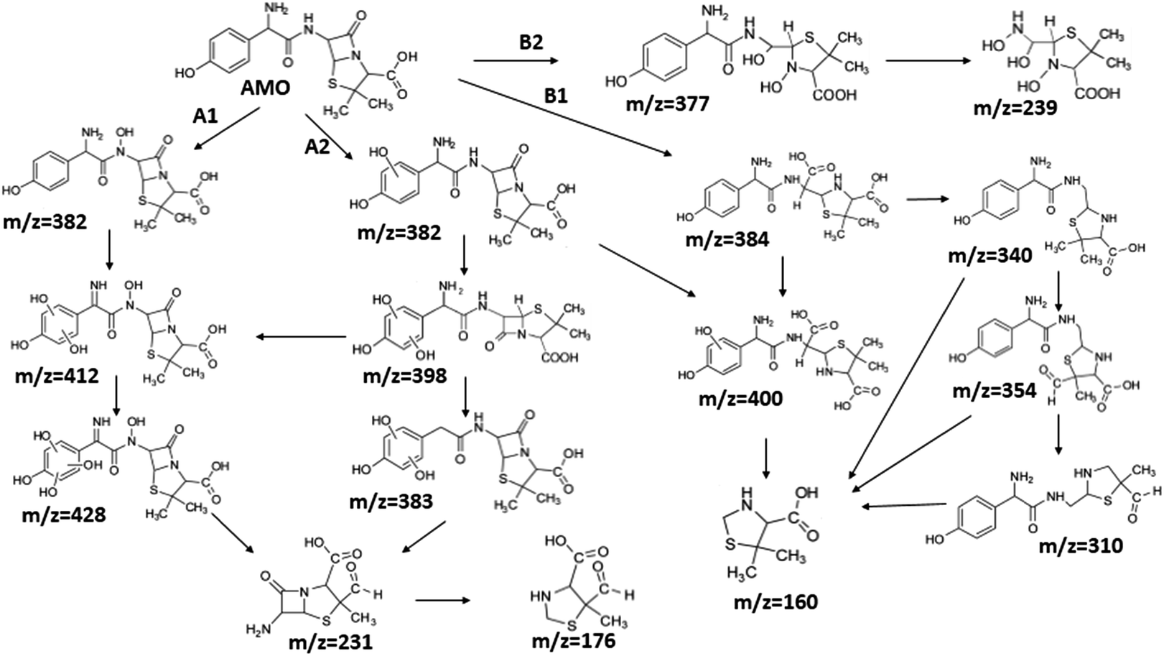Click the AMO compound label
coord(265,88)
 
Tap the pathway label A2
coord(317,147)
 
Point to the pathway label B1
coord(556,96)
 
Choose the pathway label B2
coord(531,42)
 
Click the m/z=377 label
coord(668,104)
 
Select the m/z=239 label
coord(1016,108)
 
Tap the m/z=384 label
coord(727,240)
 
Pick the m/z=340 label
coord(990,256)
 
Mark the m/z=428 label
coord(64,514)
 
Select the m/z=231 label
coord(331,642)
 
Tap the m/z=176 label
coord(574,640)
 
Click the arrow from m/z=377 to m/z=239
coord(928,60)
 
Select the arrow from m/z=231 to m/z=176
coord(443,601)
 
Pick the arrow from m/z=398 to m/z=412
coord(301,338)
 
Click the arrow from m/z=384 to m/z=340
coord(927,199)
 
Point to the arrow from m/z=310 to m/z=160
coord(903,505)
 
